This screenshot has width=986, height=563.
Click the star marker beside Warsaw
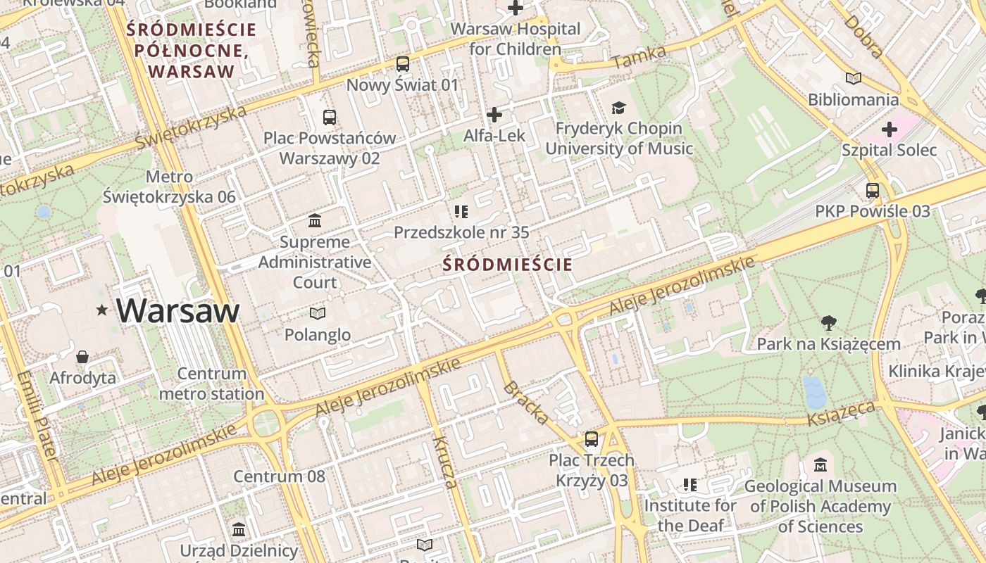pos(102,310)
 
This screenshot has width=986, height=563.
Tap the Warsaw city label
pos(178,310)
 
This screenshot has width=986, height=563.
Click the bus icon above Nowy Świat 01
pos(402,64)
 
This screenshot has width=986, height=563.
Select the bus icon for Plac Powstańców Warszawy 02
pos(330,117)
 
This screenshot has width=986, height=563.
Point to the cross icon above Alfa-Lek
pos(494,114)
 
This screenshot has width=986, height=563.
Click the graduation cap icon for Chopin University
pos(618,108)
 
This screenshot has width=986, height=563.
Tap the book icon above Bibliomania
pos(853,78)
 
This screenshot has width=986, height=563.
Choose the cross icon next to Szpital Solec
pos(890,129)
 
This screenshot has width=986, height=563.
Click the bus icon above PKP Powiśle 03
pos(872,190)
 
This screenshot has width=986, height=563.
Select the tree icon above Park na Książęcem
pos(828,323)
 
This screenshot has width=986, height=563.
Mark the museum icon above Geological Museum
pos(820,465)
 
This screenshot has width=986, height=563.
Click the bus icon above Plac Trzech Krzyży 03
pos(592,439)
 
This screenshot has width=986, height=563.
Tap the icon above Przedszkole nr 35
pos(461,211)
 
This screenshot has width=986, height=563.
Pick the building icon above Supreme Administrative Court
pos(315,221)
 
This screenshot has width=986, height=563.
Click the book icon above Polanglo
pos(318,313)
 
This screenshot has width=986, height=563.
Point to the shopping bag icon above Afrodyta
pos(82,357)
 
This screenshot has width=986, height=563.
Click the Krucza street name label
pos(445,462)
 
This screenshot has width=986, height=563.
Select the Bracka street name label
pos(526,403)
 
